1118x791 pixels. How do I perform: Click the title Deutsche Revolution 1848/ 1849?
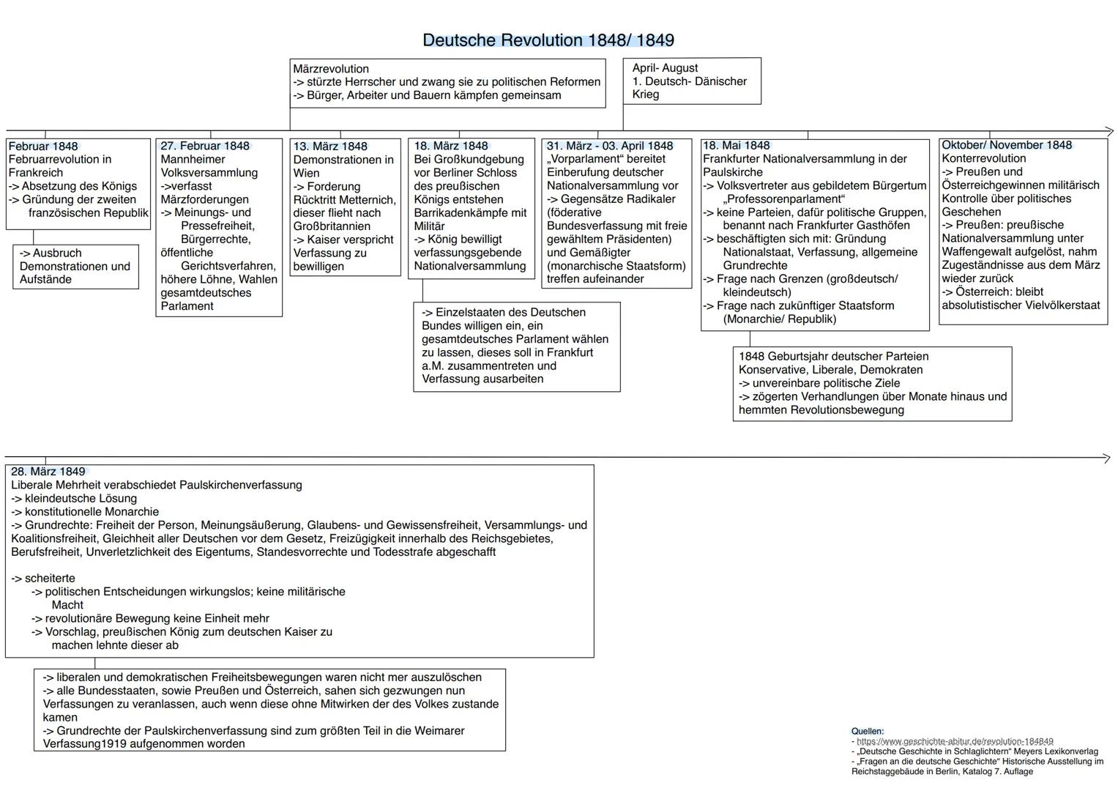(548, 40)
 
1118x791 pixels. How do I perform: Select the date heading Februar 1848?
(43, 146)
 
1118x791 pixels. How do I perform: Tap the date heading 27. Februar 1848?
(205, 146)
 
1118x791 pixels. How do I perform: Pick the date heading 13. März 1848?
(330, 146)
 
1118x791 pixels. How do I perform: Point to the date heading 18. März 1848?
(451, 146)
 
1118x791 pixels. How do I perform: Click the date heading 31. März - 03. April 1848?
(609, 146)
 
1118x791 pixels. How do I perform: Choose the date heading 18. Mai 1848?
(737, 145)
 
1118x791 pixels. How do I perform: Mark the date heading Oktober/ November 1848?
(1007, 145)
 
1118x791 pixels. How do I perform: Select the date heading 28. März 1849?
(48, 472)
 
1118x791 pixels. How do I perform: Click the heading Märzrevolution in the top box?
(331, 69)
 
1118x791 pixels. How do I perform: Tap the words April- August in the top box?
(665, 68)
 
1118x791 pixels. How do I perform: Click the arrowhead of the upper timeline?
(1108, 132)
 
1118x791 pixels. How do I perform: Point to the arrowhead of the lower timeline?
(1106, 458)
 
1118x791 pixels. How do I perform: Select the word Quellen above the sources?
(867, 731)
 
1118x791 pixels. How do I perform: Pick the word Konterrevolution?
(984, 158)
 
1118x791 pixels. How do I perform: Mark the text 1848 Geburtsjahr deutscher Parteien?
(833, 357)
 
